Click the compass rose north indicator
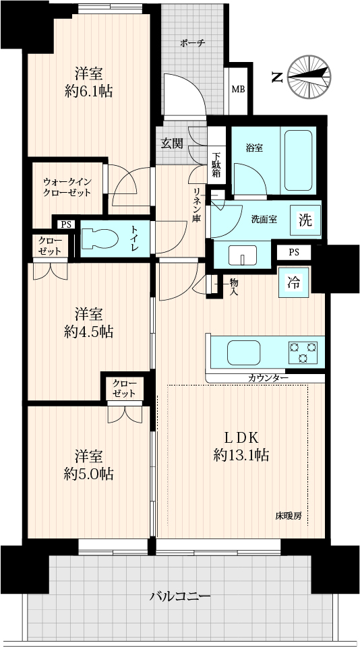pyautogui.click(x=309, y=77)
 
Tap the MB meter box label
pyautogui.click(x=237, y=89)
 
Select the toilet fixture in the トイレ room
pyautogui.click(x=100, y=239)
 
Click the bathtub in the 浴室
pyautogui.click(x=298, y=159)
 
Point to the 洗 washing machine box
pyautogui.click(x=305, y=220)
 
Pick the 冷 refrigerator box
pyautogui.click(x=294, y=282)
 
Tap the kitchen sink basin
pyautogui.click(x=244, y=352)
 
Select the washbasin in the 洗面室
pyautogui.click(x=242, y=255)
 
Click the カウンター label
pyautogui.click(x=268, y=377)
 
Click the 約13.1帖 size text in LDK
pyautogui.click(x=241, y=455)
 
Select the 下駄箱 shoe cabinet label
pyautogui.click(x=217, y=165)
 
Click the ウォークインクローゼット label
pyautogui.click(x=67, y=187)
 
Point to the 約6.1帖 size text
pyautogui.click(x=89, y=91)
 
